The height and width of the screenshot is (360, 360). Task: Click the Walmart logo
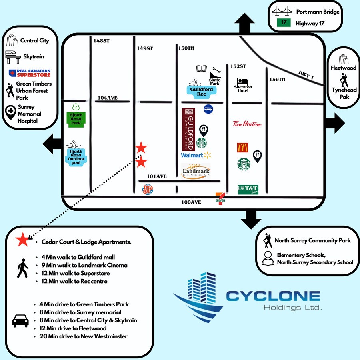click(196, 155)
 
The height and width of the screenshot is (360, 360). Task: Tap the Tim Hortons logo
click(247, 124)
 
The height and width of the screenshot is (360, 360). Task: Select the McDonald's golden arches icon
click(243, 147)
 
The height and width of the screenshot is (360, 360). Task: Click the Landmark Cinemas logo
click(196, 172)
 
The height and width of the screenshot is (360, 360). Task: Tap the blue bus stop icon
click(208, 109)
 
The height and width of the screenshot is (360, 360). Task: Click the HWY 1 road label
click(306, 74)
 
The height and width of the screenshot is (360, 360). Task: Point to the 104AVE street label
click(108, 98)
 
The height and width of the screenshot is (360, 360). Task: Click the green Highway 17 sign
click(284, 23)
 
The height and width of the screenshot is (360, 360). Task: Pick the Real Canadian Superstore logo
click(30, 73)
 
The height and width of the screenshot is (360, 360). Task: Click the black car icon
click(21, 320)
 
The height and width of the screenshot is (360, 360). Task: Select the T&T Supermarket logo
click(248, 189)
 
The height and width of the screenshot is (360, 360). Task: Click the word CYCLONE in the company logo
click(273, 296)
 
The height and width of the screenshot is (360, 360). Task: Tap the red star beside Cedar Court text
click(22, 241)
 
